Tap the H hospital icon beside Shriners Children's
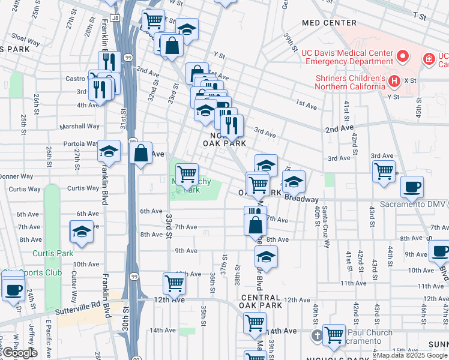(394, 80)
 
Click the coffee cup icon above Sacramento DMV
(412, 187)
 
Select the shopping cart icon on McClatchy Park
(187, 174)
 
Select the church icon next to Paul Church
(318, 334)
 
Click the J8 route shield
(115, 18)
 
